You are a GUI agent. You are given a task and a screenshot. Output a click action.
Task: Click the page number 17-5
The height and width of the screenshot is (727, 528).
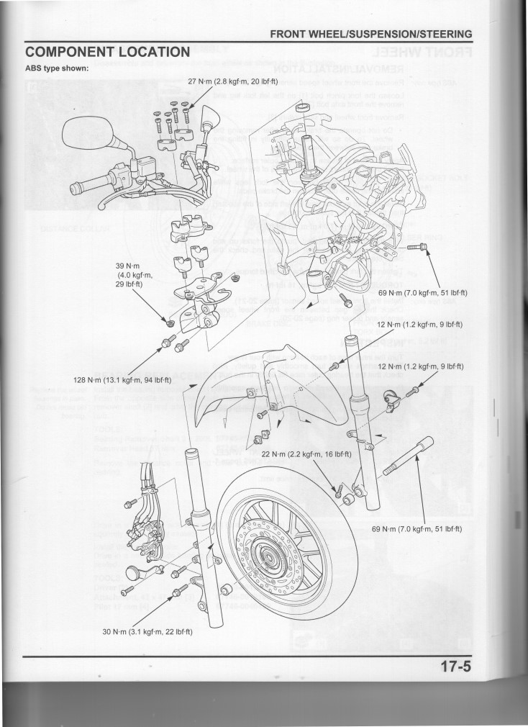pyautogui.click(x=455, y=666)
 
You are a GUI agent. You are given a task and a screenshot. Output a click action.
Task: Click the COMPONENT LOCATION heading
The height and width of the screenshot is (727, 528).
pyautogui.click(x=107, y=53)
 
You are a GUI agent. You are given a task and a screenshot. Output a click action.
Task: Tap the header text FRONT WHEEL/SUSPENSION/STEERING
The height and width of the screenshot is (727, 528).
pyautogui.click(x=370, y=34)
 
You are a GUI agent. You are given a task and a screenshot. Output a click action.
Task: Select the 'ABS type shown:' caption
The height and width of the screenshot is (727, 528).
pyautogui.click(x=57, y=69)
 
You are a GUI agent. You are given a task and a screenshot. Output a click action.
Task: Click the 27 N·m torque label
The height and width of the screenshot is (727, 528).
pyautogui.click(x=232, y=81)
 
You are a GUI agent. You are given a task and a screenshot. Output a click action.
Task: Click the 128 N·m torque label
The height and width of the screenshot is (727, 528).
pyautogui.click(x=122, y=379)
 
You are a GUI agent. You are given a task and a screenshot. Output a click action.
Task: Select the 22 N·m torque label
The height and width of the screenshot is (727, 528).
pyautogui.click(x=306, y=454)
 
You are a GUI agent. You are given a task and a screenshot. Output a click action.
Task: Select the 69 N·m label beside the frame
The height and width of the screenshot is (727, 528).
pyautogui.click(x=423, y=293)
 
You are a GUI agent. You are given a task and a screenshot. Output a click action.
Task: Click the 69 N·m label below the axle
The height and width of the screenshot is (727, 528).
pyautogui.click(x=417, y=529)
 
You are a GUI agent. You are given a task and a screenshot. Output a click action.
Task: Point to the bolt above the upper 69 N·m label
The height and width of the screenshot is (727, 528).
pyautogui.click(x=417, y=248)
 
